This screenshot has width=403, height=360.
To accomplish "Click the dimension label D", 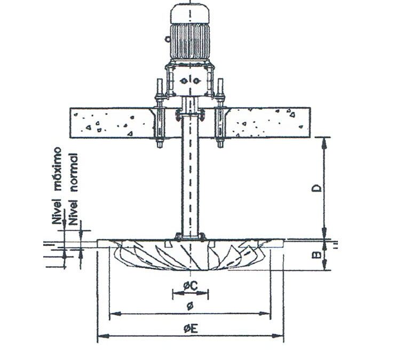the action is tap(318, 188).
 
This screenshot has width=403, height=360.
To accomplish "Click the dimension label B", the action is tap(318, 255).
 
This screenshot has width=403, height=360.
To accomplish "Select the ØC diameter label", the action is tap(190, 285).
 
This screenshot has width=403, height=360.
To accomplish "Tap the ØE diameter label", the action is tap(191, 329).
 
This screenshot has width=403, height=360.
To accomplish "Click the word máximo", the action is tap(58, 169).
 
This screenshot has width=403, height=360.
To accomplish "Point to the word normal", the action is tap(74, 172).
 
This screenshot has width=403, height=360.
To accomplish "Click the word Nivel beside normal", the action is tap(74, 212).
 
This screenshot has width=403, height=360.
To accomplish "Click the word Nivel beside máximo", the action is tap(58, 211).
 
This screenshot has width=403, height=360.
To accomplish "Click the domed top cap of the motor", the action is tap(190, 14).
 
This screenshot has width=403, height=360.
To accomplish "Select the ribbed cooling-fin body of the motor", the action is tap(190, 42).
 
